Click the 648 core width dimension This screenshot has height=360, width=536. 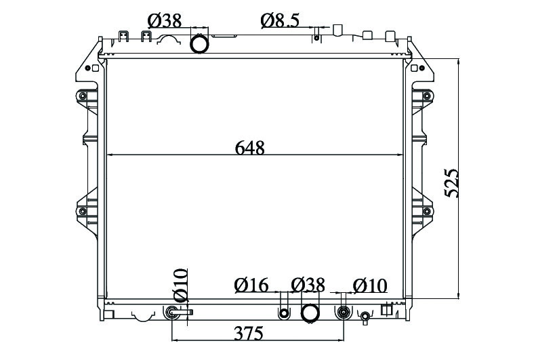(250, 148)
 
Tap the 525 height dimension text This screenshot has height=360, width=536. (451, 182)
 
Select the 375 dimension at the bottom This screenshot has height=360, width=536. (249, 334)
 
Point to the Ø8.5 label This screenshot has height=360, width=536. (280, 20)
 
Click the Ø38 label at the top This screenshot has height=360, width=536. (165, 21)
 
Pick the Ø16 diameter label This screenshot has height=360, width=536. (251, 285)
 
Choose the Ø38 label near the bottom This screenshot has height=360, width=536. (308, 285)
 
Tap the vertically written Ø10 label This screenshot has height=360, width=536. (180, 285)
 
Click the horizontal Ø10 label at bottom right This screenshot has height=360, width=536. (370, 286)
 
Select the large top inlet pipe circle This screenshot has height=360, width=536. (199, 44)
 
